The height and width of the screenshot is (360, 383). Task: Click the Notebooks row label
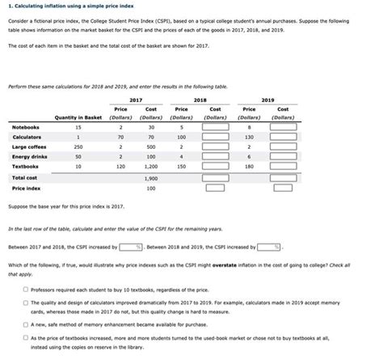(27, 127)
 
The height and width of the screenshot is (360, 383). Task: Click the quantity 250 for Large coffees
(78, 146)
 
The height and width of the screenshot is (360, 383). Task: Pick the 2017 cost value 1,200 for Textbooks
(150, 166)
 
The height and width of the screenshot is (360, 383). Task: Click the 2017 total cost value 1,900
(150, 177)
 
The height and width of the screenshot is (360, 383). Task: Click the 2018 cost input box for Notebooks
(215, 127)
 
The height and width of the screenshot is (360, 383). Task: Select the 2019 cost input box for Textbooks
(283, 166)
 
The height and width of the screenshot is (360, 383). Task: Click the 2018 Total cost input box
(215, 177)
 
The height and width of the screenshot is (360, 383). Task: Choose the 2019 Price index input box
(283, 188)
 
